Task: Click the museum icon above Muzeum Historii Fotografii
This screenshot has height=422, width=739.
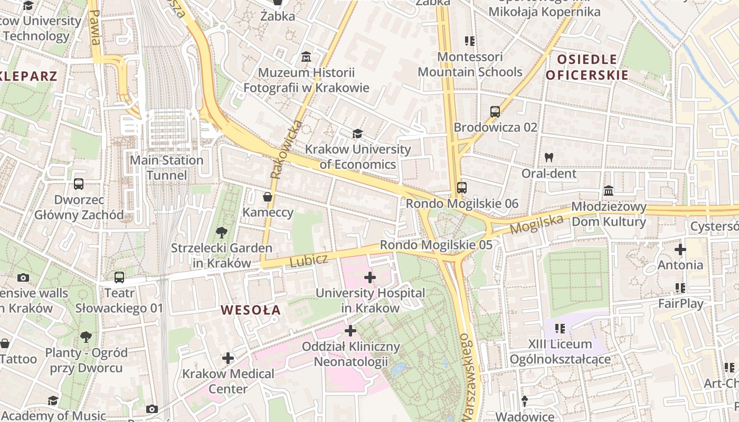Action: (306, 56)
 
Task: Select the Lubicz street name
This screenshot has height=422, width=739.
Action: (309, 260)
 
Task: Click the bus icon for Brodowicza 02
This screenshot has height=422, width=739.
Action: (495, 111)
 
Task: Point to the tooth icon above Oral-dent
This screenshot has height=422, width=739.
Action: (549, 157)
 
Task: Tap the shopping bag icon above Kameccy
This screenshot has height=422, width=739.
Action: (268, 197)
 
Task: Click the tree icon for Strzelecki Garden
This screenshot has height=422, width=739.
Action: (222, 232)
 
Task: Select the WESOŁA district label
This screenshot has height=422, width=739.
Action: (251, 310)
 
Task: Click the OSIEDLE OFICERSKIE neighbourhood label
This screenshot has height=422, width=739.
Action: (587, 67)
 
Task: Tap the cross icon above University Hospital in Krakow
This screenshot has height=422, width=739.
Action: (370, 277)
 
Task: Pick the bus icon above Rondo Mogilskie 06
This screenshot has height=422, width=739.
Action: (462, 187)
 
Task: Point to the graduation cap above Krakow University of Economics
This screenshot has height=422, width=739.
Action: (358, 133)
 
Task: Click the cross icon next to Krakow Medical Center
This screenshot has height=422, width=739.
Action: (228, 358)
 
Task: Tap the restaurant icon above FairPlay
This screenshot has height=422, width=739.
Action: (680, 288)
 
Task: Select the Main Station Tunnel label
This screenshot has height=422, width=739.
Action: (166, 167)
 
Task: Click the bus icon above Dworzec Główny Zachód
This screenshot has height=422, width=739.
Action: (79, 184)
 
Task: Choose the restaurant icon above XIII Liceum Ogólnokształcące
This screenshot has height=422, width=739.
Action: (560, 329)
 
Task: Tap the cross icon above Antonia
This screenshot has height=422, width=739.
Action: (680, 249)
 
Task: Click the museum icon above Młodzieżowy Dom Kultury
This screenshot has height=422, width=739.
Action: (609, 190)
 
